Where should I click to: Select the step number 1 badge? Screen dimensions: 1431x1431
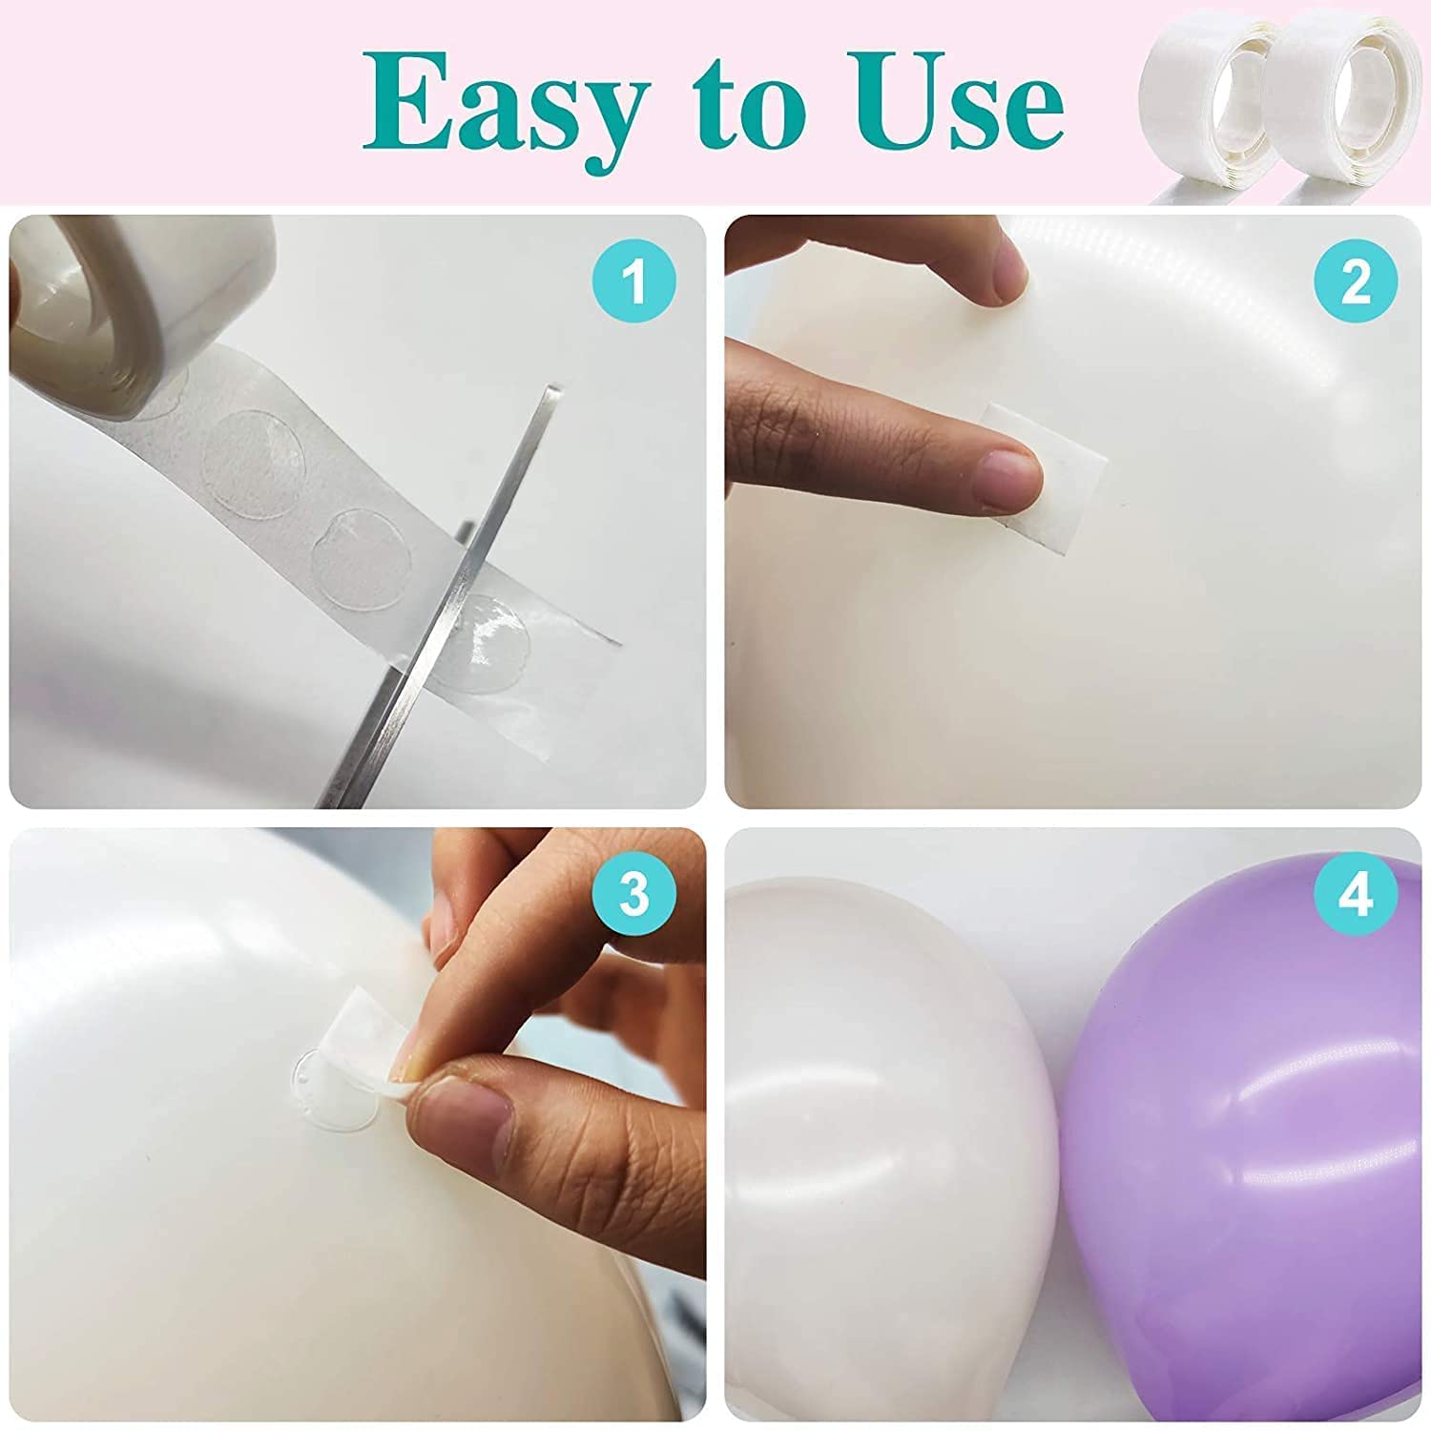(633, 282)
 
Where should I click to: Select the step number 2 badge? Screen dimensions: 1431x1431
(1356, 282)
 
